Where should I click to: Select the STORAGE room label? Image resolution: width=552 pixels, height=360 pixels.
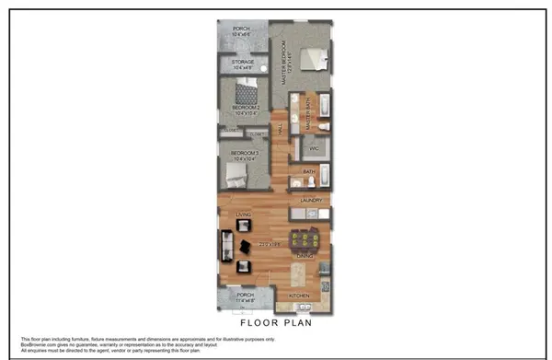[243, 63]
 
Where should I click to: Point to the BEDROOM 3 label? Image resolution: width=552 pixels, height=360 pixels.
[243, 152]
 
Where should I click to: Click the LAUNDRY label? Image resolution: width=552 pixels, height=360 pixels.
[310, 199]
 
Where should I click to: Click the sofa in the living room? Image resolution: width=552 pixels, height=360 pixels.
[224, 246]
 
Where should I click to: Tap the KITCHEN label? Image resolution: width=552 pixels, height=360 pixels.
[300, 296]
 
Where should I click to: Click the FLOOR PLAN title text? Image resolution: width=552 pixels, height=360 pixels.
[275, 323]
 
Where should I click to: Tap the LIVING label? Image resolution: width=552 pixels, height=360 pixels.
[244, 215]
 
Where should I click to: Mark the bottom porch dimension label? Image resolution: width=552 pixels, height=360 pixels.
[243, 300]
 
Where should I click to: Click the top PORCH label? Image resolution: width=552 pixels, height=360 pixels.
[241, 29]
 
